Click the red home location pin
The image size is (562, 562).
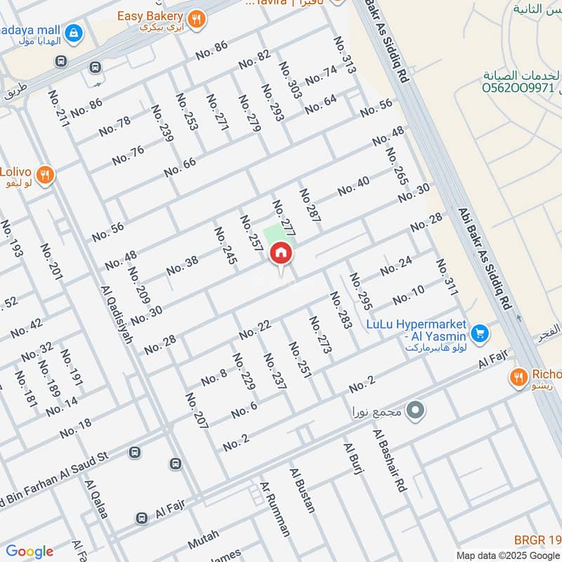[x=281, y=254]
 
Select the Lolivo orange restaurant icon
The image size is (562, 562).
[x=45, y=175]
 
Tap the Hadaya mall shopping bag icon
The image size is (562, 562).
[x=72, y=32]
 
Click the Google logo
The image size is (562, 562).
[x=30, y=551]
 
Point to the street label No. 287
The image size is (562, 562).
[x=310, y=206]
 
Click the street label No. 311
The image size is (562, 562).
[x=446, y=277]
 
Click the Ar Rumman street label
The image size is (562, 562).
[x=275, y=509]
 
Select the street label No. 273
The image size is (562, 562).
[x=320, y=334]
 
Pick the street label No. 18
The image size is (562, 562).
[x=75, y=428]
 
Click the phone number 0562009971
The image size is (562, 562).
[x=518, y=89]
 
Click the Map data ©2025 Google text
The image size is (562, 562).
[x=505, y=554]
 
